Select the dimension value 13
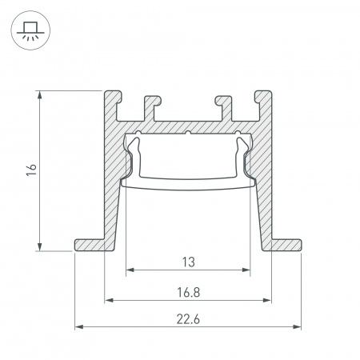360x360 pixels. click(187, 262)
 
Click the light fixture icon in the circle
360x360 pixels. click(30, 30)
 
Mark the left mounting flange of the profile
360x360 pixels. click(90, 243)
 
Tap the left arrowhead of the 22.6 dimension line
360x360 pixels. click(78, 327)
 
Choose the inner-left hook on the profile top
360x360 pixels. click(150, 105)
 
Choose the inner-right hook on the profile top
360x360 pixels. click(222, 105)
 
